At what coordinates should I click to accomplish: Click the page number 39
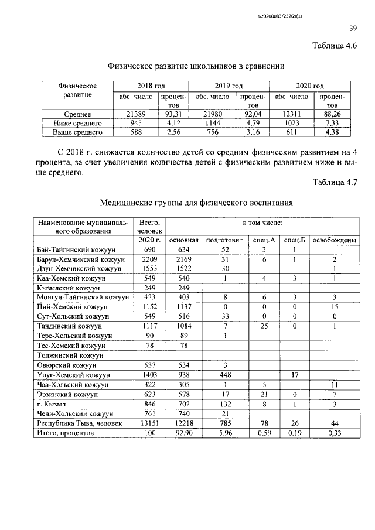(x=353, y=28)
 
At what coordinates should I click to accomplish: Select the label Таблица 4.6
(x=335, y=46)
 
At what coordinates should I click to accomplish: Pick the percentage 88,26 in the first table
(x=332, y=114)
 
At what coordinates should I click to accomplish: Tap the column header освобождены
(x=333, y=240)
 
